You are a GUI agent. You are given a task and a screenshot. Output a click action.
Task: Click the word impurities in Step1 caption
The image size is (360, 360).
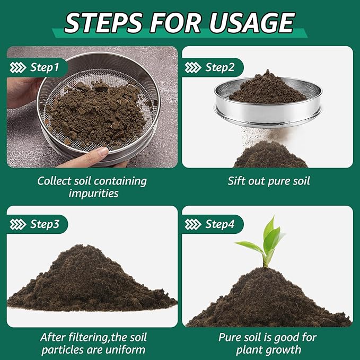coord(92,194)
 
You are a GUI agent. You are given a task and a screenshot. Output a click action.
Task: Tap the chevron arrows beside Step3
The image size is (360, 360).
coord(19,224)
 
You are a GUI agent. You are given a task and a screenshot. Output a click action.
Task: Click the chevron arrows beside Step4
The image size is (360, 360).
coord(193,224)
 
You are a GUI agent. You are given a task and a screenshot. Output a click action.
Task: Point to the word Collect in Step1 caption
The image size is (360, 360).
coord(55,181)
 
